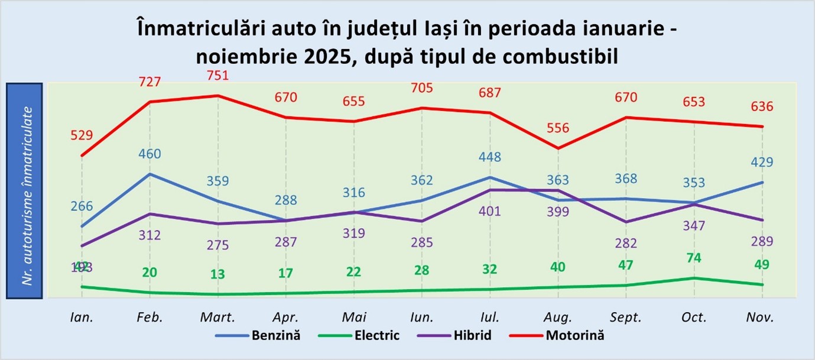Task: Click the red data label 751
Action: point(217,76)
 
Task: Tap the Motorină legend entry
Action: point(574,336)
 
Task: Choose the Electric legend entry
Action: point(377,336)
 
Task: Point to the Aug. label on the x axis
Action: point(557,317)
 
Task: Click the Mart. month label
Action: point(217,317)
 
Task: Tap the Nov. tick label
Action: point(761,317)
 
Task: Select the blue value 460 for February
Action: point(150,154)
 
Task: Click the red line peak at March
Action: point(217,95)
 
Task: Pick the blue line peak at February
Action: point(150,174)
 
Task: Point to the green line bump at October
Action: point(694,278)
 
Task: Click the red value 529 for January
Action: point(82,135)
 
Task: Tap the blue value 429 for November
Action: point(761,163)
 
